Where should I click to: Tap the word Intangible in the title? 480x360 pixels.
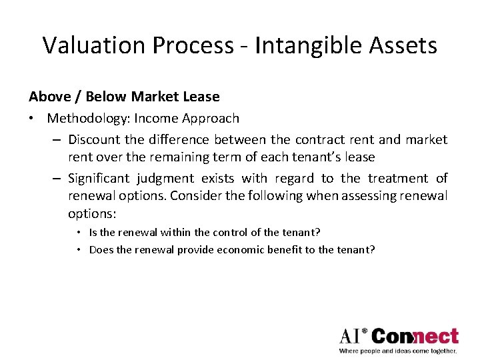[x=290, y=45]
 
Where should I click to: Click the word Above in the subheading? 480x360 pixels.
[x=49, y=97]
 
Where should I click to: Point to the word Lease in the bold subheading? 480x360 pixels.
[x=201, y=97]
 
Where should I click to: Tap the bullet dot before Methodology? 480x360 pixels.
[x=33, y=119]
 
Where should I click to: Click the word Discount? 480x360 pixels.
[x=94, y=140]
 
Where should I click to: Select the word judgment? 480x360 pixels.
[x=169, y=179]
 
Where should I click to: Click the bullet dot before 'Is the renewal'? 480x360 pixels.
[x=79, y=233]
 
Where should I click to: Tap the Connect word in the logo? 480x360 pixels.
[x=415, y=335]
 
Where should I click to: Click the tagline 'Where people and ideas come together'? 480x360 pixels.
[x=398, y=350]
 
